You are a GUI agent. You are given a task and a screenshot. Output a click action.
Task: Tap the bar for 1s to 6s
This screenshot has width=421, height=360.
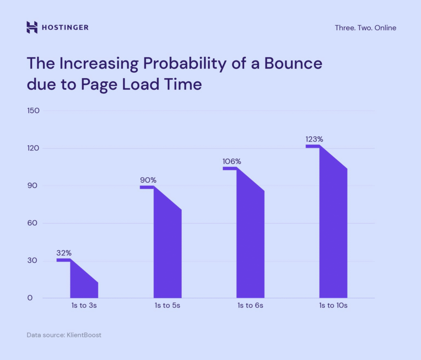pyautogui.click(x=250, y=243)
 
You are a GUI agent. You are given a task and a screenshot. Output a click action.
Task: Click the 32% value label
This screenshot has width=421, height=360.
pyautogui.click(x=63, y=253)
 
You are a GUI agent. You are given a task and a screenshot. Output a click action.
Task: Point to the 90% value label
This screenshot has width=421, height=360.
pyautogui.click(x=148, y=180)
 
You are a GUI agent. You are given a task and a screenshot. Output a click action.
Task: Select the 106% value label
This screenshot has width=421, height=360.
pyautogui.click(x=232, y=161)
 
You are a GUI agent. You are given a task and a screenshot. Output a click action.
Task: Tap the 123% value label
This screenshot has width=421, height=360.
pyautogui.click(x=314, y=139)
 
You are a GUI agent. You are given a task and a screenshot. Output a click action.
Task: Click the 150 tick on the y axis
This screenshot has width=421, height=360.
pyautogui.click(x=33, y=111)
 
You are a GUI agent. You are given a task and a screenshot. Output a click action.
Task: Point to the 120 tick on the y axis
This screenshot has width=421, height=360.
pyautogui.click(x=33, y=148)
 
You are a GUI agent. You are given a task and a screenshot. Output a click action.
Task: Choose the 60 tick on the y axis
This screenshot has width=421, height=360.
pyautogui.click(x=33, y=223)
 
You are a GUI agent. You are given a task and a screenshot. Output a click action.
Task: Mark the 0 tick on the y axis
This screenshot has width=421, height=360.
pyautogui.click(x=30, y=298)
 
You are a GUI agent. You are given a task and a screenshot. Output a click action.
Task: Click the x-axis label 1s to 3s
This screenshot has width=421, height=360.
pyautogui.click(x=84, y=306)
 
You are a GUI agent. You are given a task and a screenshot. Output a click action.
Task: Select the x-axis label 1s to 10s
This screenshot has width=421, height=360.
pyautogui.click(x=333, y=306)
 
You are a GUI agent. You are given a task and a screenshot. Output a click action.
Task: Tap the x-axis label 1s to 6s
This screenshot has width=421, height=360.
pyautogui.click(x=250, y=306)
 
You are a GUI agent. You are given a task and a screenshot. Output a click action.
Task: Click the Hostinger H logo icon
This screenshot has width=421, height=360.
pyautogui.click(x=32, y=28)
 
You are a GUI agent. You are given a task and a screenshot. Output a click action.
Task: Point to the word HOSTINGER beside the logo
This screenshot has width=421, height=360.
pyautogui.click(x=65, y=28)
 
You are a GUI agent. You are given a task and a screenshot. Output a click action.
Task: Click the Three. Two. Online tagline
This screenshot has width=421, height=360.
pyautogui.click(x=365, y=28)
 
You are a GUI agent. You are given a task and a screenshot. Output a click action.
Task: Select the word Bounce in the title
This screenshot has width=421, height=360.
pyautogui.click(x=293, y=64)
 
